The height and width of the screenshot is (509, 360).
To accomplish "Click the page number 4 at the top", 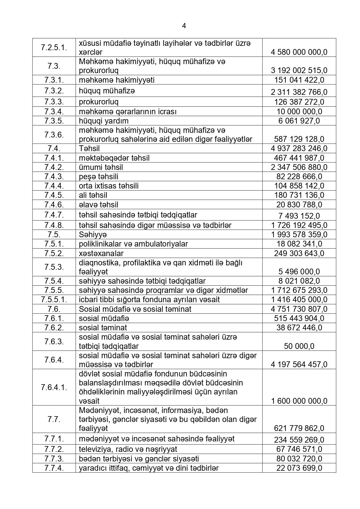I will click(184, 26).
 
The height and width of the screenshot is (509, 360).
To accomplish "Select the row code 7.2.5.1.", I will click(54, 48).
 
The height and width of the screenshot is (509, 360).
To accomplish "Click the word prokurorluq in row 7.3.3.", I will click(99, 102).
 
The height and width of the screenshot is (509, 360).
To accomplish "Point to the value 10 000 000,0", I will click(299, 112).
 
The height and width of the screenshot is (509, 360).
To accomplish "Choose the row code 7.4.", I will click(54, 148).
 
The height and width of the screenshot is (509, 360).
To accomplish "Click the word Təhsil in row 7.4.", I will click(89, 148).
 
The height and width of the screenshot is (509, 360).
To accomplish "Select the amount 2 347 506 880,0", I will click(299, 167).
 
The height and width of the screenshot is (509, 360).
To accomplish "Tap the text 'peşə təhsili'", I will click(98, 177).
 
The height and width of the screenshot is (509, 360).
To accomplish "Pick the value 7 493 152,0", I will click(299, 216).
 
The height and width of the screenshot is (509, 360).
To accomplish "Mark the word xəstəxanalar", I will click(101, 253).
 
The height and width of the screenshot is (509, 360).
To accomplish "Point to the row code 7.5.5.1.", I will click(54, 299).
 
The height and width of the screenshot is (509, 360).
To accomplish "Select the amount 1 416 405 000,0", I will click(299, 300).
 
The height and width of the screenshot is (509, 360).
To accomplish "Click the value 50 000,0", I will click(299, 346).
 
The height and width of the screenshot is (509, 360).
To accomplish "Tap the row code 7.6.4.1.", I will click(54, 387).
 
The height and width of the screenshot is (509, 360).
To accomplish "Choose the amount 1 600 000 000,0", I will click(299, 401).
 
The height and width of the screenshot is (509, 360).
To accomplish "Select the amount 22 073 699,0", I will click(299, 468).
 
